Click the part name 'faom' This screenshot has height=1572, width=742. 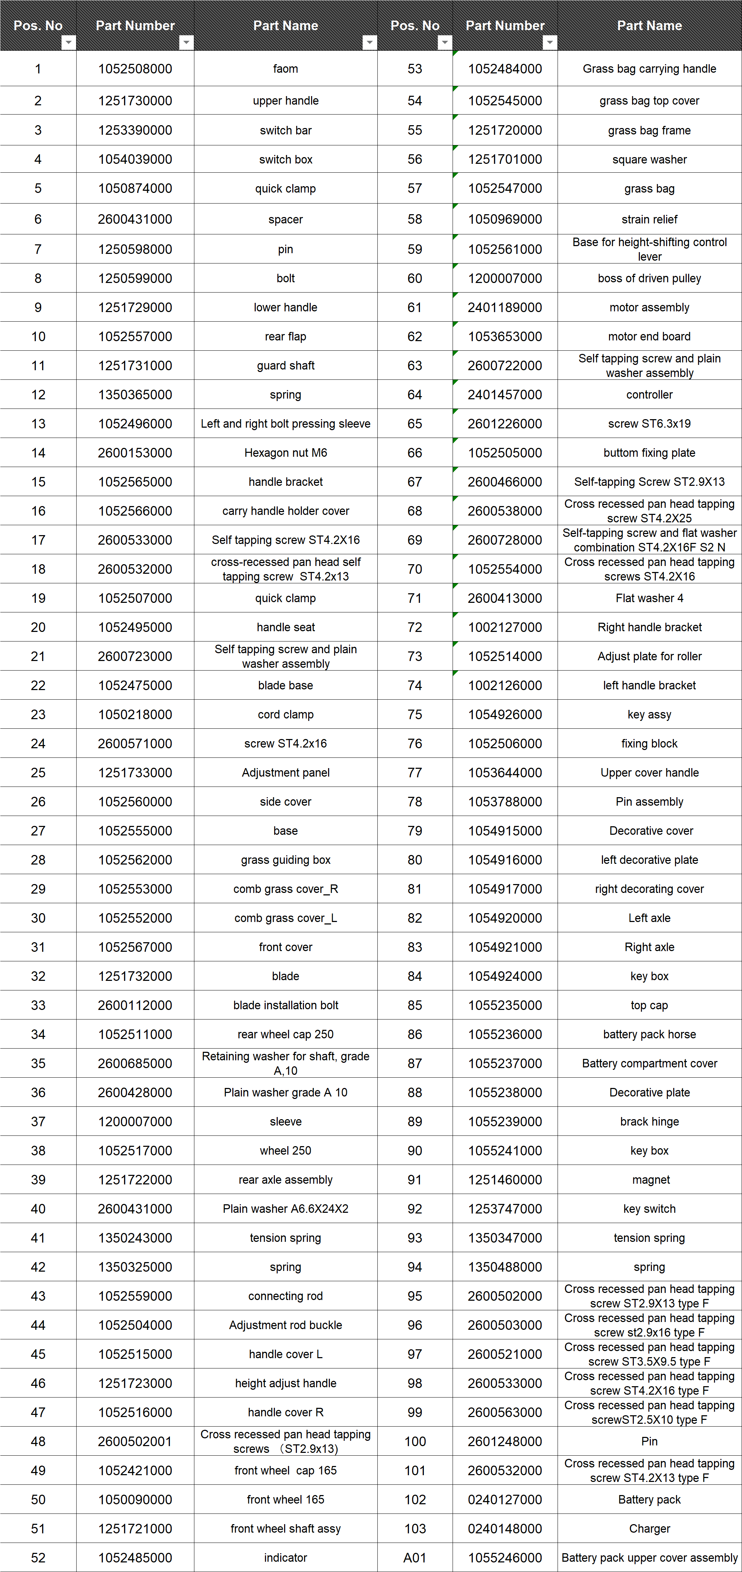coord(286,69)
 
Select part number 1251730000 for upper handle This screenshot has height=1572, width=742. coord(135,101)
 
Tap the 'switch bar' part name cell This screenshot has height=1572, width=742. coord(286,130)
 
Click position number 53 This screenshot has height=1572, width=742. coord(415,69)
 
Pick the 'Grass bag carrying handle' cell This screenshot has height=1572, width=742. coord(649,69)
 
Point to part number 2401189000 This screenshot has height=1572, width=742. coord(505,307)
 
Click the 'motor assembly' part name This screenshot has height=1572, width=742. coord(649,307)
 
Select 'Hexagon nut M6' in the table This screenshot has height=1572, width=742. coord(286,453)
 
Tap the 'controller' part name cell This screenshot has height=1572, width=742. coord(649,395)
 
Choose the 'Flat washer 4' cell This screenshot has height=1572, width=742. coord(649,598)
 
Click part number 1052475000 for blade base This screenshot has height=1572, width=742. coord(135,685)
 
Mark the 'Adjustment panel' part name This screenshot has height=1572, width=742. coord(286,773)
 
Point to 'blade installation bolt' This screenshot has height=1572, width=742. coord(286,1005)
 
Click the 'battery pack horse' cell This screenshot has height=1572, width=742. coord(649,1034)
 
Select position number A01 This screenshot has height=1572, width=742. coord(415,1557)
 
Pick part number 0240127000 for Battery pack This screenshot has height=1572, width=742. coord(505,1499)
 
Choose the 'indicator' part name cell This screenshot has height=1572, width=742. coord(286,1557)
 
